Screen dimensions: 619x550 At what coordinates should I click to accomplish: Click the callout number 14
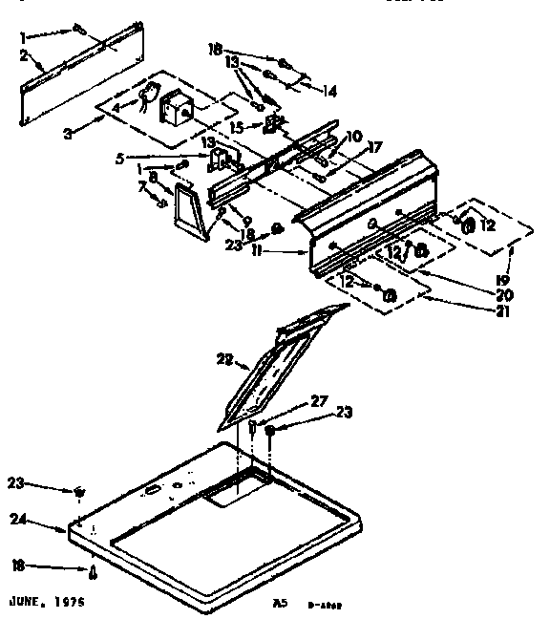click(330, 92)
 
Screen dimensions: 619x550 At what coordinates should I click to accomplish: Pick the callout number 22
click(225, 359)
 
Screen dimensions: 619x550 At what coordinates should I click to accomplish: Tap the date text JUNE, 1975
click(47, 604)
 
